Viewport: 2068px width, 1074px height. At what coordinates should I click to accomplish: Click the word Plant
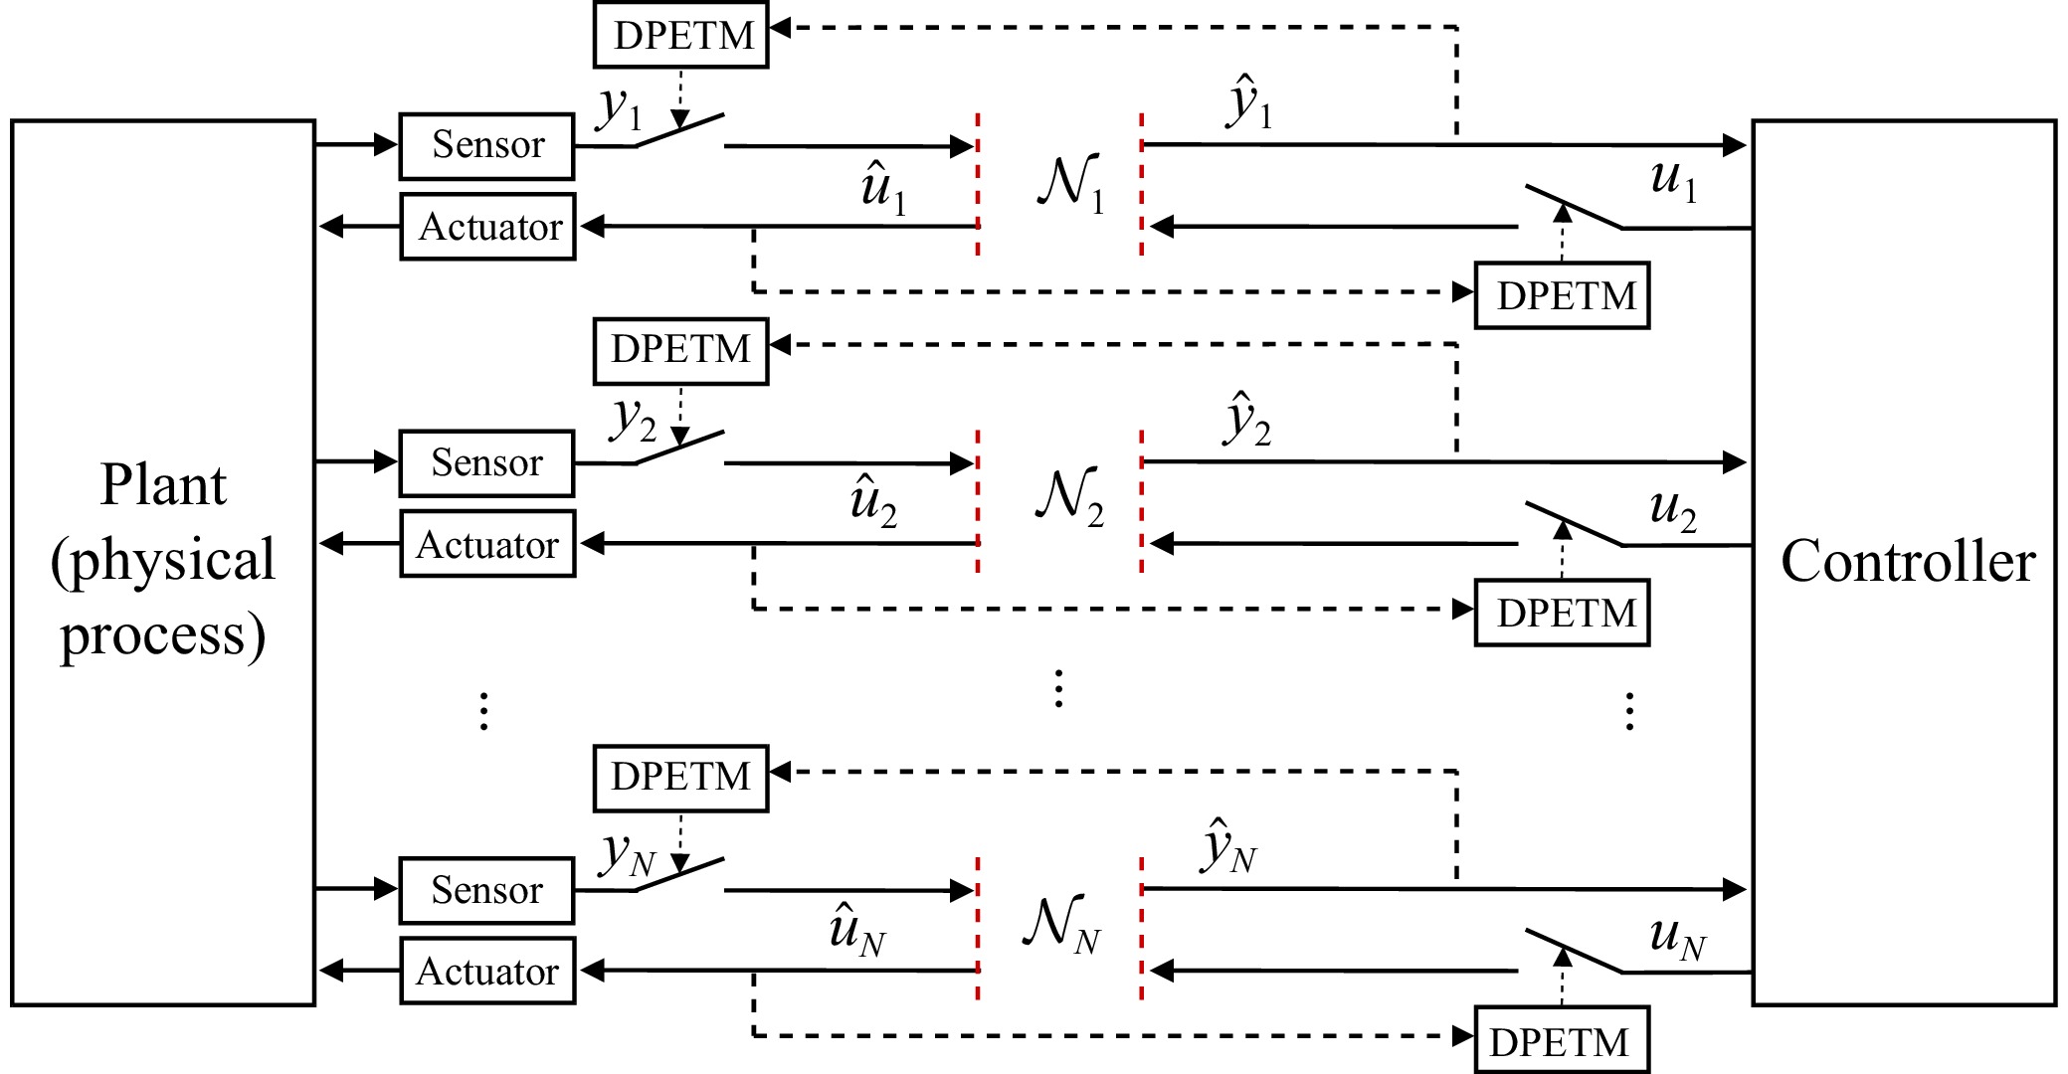click(x=163, y=485)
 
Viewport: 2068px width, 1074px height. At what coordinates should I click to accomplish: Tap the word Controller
click(x=1907, y=561)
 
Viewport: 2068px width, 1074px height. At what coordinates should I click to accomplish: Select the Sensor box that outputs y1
click(x=487, y=146)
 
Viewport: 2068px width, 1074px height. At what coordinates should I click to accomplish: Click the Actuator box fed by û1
click(x=488, y=227)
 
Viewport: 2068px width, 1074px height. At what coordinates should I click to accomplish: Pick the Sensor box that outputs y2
click(x=487, y=463)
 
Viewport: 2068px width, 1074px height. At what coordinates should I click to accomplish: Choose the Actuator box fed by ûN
click(x=488, y=971)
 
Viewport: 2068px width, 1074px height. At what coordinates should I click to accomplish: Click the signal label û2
click(x=873, y=501)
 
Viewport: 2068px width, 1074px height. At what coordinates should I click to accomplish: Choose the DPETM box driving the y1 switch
click(x=681, y=35)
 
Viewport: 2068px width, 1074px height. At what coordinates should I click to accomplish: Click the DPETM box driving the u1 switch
click(x=1562, y=295)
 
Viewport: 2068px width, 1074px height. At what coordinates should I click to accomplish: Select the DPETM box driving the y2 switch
click(x=681, y=350)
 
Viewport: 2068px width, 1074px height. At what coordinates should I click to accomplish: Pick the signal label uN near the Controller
click(x=1677, y=938)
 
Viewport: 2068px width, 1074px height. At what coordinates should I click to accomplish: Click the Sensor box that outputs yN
click(x=487, y=890)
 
